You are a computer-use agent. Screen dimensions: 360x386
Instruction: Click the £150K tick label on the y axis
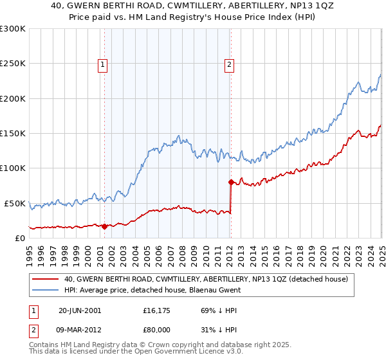click(12, 134)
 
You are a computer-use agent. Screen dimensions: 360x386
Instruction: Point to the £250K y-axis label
click(12, 64)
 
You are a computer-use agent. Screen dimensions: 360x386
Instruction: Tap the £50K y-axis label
click(15, 203)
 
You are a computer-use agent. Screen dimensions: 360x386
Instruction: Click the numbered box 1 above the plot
click(103, 64)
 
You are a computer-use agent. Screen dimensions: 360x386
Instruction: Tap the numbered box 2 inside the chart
click(230, 64)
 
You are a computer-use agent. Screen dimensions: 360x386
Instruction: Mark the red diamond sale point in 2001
click(105, 226)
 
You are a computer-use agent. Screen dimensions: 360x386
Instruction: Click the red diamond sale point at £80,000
click(231, 182)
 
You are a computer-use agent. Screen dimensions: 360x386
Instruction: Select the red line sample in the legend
click(45, 279)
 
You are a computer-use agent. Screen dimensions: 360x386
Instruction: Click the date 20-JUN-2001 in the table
click(80, 310)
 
